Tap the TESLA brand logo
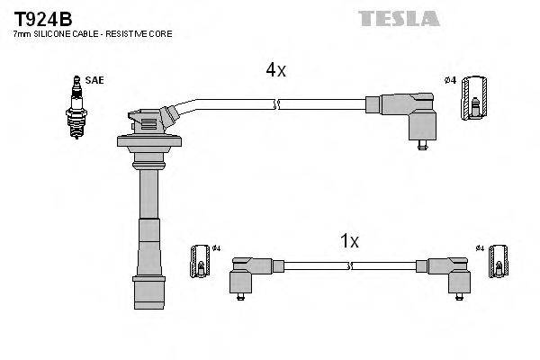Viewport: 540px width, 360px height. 399,18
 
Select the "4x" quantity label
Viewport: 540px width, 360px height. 274,70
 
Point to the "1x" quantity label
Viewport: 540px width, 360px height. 349,241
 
